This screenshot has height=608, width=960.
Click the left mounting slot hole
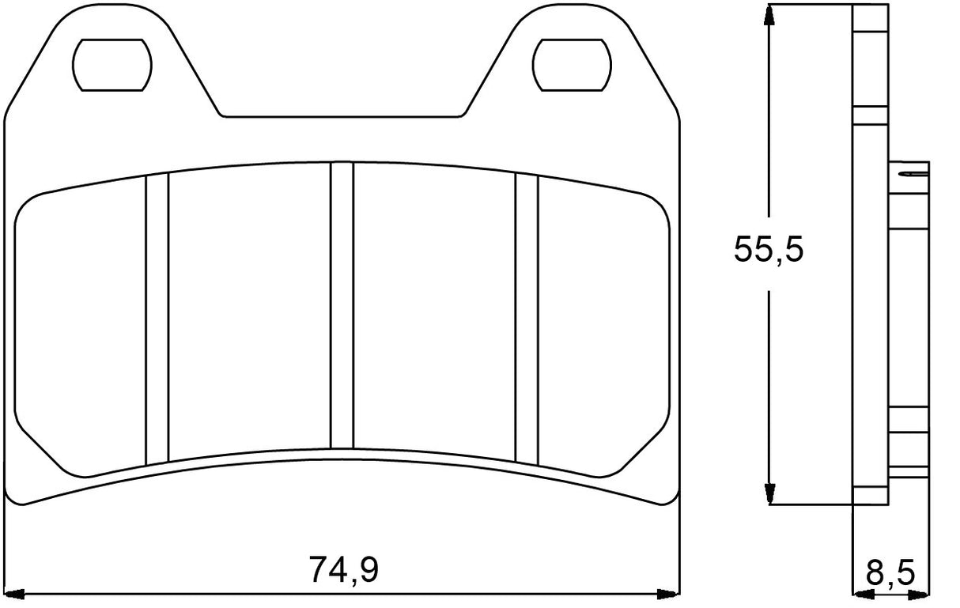111,63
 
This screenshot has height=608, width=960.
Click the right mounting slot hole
571,63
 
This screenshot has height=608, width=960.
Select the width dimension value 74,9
343,569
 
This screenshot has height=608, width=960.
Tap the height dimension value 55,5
768,249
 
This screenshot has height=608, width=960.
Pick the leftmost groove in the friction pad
157,319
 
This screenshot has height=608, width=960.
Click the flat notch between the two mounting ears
342,117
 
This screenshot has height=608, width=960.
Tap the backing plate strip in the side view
871,253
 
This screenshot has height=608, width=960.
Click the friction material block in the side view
909,316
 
